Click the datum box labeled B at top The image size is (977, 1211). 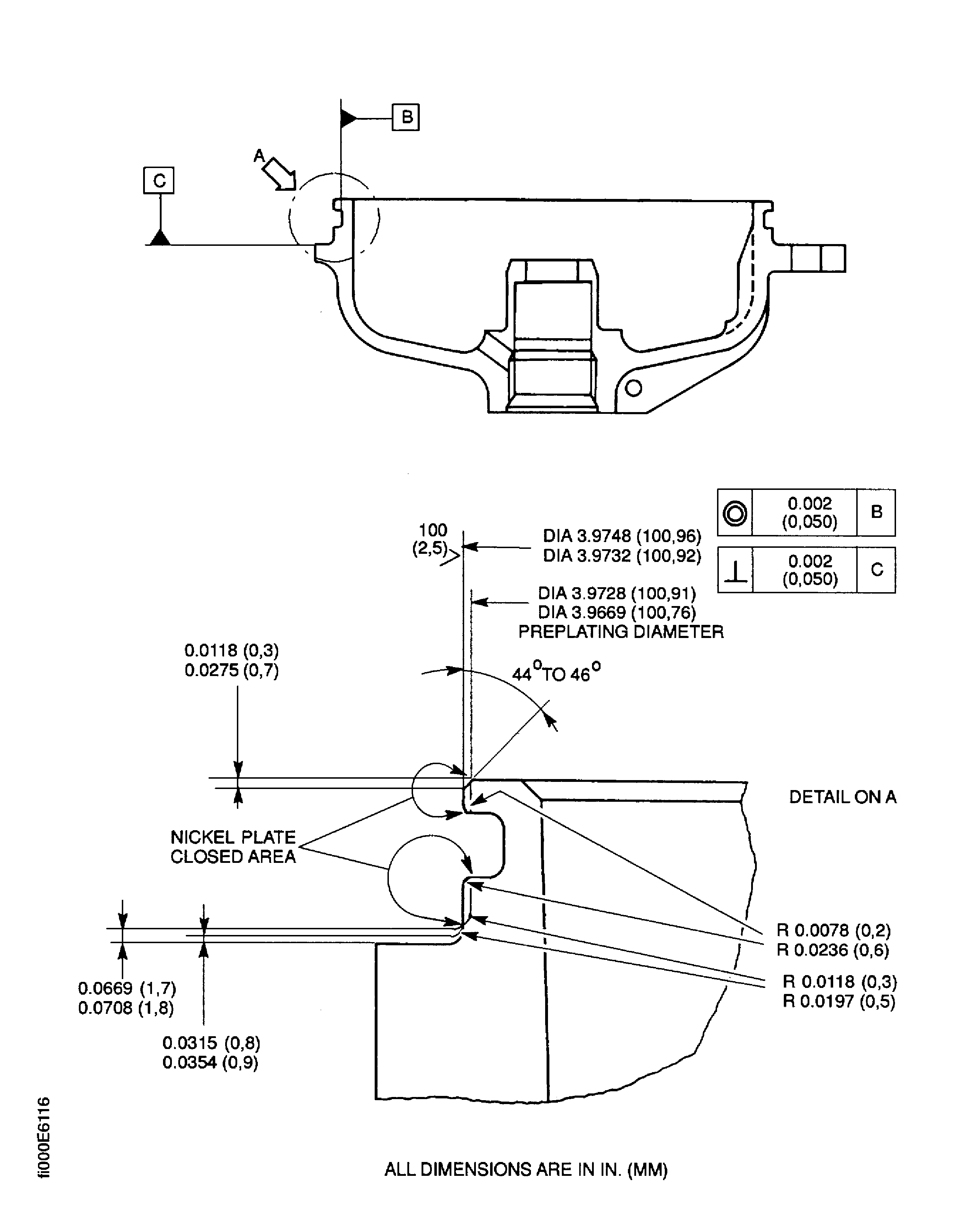(x=405, y=117)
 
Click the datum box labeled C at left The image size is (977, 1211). (x=159, y=180)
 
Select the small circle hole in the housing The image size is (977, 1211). (x=633, y=388)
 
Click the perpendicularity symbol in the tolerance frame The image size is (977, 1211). (x=736, y=572)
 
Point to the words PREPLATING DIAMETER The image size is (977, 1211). (x=621, y=632)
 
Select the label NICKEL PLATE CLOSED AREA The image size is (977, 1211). (x=233, y=847)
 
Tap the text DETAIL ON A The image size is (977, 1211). (x=842, y=797)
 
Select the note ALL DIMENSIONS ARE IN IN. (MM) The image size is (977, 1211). (x=526, y=1169)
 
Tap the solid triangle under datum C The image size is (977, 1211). (x=161, y=238)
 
